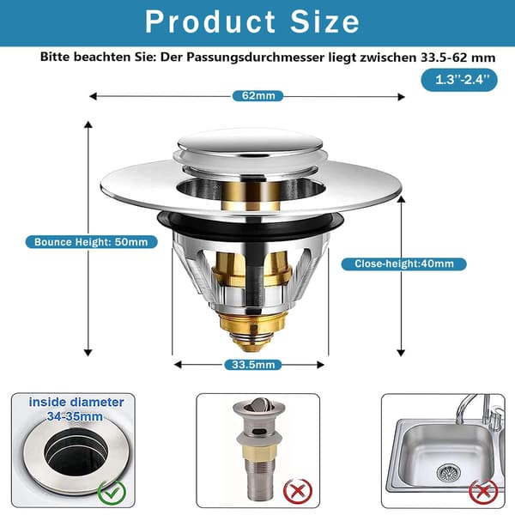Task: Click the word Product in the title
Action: (210, 21)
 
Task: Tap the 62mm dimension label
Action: (258, 96)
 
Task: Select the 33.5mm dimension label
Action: (253, 365)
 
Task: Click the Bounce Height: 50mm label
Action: (91, 242)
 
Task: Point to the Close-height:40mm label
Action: (404, 264)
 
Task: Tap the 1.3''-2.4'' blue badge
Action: (459, 80)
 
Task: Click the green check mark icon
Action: (112, 493)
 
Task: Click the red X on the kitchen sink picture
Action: (483, 492)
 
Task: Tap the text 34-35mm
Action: (75, 416)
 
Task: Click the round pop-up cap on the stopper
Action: (251, 142)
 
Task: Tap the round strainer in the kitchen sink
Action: (449, 473)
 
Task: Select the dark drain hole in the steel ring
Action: (76, 451)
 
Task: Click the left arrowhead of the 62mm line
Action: (93, 96)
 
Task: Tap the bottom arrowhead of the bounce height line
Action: (88, 353)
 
